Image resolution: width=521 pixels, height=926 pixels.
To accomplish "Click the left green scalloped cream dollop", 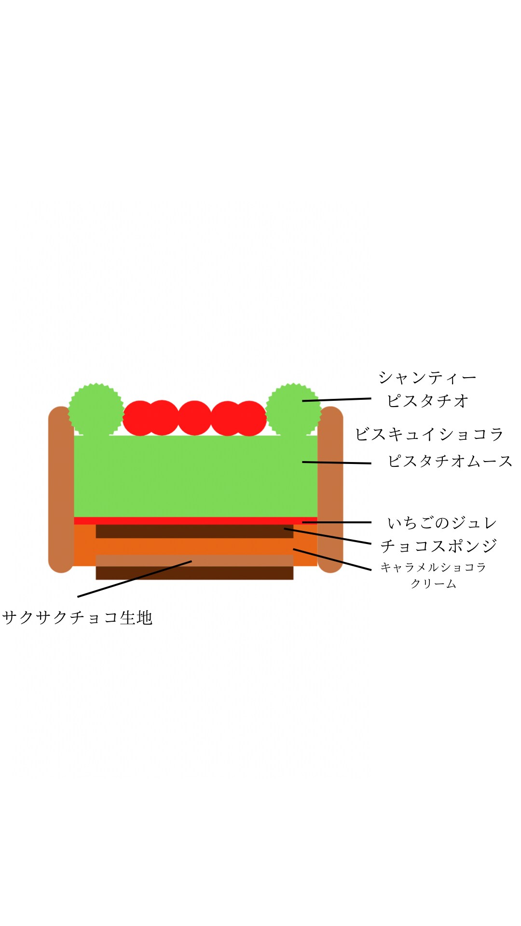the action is point(96,410).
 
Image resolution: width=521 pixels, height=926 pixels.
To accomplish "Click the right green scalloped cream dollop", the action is point(293,410).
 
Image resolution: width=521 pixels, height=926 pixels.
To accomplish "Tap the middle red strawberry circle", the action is point(194,418).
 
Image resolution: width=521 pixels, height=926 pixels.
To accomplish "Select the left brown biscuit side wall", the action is point(61,490).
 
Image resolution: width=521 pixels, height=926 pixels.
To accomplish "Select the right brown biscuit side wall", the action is point(330,490).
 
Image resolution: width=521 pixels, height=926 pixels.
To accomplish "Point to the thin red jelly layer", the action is point(195,521).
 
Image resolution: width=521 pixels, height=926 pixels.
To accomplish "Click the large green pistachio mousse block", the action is point(195,476).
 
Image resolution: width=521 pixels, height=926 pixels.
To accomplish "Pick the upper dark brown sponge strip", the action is point(194,531).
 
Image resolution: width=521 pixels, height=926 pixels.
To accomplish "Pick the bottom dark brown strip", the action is point(194,573).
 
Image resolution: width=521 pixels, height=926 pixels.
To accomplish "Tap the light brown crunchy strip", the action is point(194,560).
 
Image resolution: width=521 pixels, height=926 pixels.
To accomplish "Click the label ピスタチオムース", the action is point(450,461).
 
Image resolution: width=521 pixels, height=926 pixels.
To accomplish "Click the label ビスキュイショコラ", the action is point(429,434).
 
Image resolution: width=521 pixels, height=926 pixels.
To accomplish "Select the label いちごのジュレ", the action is point(442,523).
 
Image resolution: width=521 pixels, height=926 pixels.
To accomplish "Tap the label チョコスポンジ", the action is point(439,546).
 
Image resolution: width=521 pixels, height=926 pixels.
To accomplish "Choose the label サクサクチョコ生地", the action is point(77,618).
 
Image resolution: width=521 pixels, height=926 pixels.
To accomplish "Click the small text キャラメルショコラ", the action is point(433,567).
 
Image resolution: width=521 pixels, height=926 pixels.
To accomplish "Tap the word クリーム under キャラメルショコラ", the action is point(433,584).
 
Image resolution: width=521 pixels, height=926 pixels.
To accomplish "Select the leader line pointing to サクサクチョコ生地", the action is point(135,579).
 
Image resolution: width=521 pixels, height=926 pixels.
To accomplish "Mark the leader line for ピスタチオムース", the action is point(337,463).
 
